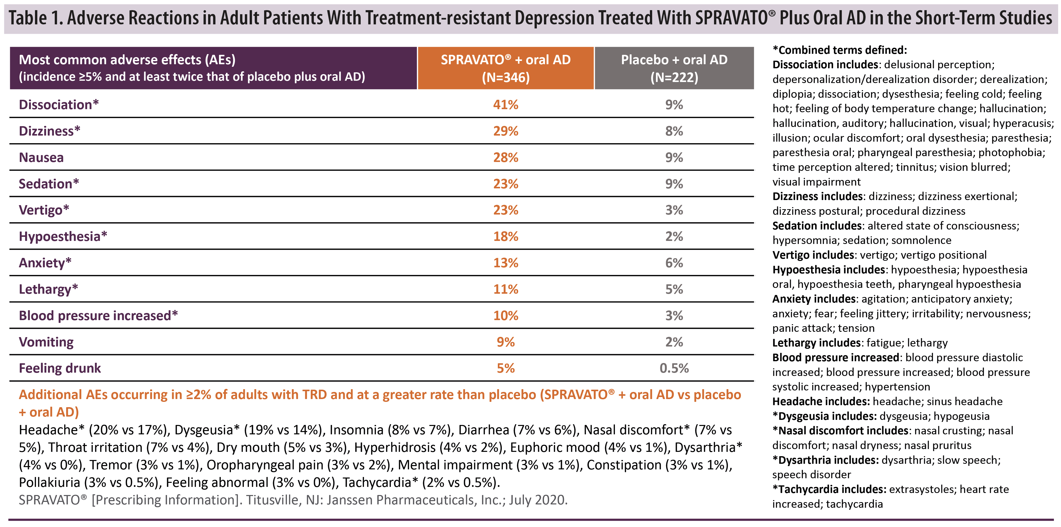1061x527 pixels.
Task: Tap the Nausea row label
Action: pyautogui.click(x=41, y=158)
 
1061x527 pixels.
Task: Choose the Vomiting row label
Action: pyautogui.click(x=46, y=342)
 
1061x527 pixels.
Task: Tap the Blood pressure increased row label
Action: pyautogui.click(x=98, y=316)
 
